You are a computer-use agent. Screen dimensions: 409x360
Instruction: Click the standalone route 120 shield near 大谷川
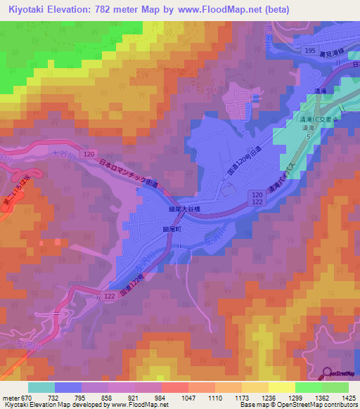tap(88, 152)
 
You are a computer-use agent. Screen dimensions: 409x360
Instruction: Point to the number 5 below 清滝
tap(307, 136)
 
